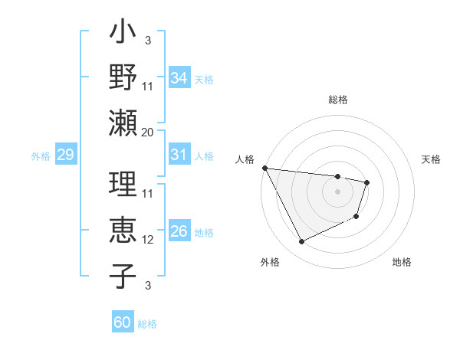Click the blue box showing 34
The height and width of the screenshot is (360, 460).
click(179, 77)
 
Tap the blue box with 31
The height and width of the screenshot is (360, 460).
click(179, 155)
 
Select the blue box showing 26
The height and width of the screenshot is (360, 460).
click(179, 231)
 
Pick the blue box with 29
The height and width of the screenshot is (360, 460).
click(65, 155)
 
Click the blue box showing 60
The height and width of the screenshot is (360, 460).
click(123, 322)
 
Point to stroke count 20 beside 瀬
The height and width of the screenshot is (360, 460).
click(148, 132)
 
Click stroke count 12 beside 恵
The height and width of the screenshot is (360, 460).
click(148, 240)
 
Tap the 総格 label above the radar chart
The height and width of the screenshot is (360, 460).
click(338, 100)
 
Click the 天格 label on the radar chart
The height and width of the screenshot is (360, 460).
click(431, 159)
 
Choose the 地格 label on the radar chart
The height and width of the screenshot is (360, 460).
click(402, 262)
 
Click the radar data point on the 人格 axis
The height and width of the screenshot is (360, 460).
click(264, 168)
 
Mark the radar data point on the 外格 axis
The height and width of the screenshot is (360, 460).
click(301, 242)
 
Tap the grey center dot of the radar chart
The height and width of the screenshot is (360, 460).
click(337, 191)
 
